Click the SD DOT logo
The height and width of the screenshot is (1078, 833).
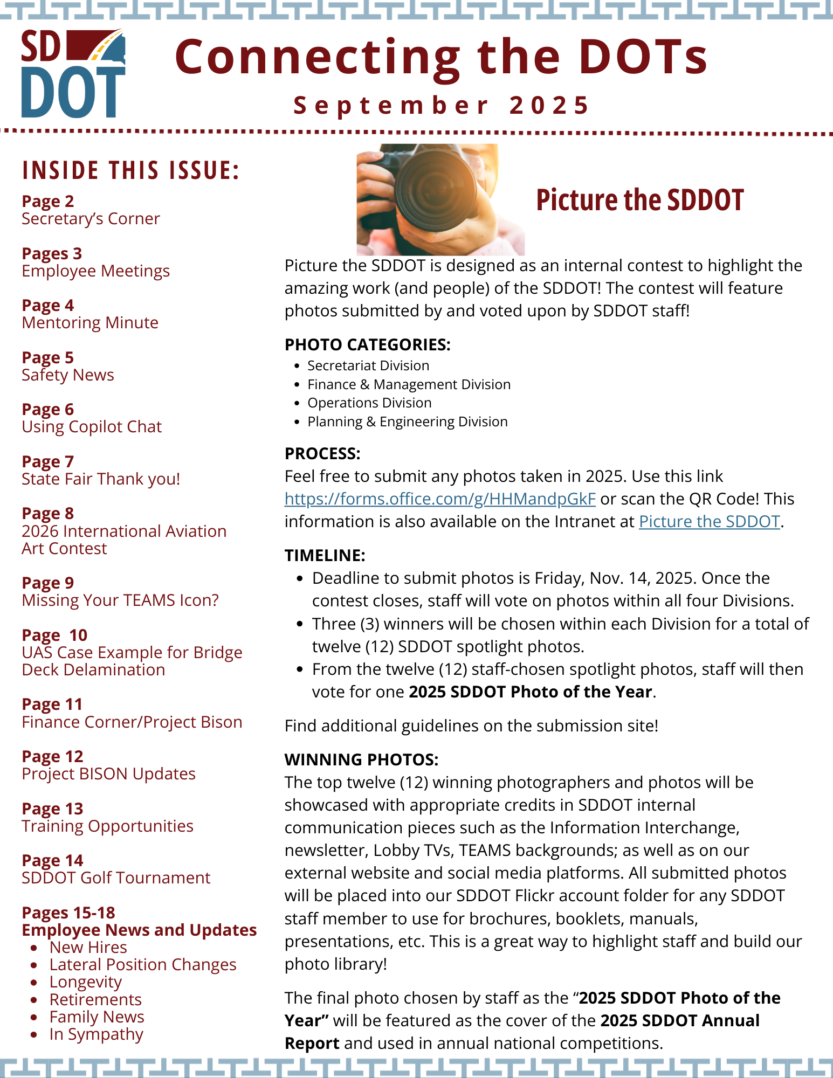(73, 74)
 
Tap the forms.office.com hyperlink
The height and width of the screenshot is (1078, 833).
(440, 499)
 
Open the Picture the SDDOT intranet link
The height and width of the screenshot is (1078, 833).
(710, 522)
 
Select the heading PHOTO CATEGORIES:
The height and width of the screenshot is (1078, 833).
(367, 345)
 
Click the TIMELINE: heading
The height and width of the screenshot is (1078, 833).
(325, 556)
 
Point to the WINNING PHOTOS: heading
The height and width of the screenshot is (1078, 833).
(361, 760)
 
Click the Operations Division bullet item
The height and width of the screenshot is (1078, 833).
(369, 403)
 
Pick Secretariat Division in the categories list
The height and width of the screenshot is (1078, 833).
(368, 366)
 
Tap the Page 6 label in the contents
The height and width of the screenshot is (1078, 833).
(47, 410)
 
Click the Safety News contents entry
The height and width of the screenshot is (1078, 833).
(68, 375)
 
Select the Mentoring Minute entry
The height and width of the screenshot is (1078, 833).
(90, 323)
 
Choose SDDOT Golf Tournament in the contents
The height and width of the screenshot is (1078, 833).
(116, 878)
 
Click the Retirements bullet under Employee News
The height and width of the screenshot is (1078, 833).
(95, 1000)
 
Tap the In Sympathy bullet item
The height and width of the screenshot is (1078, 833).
(96, 1035)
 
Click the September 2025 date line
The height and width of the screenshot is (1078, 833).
(441, 106)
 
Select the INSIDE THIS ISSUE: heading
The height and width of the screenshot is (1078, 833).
(130, 170)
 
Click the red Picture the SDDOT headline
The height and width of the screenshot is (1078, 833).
(639, 201)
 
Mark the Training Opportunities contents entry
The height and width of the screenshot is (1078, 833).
(107, 826)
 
